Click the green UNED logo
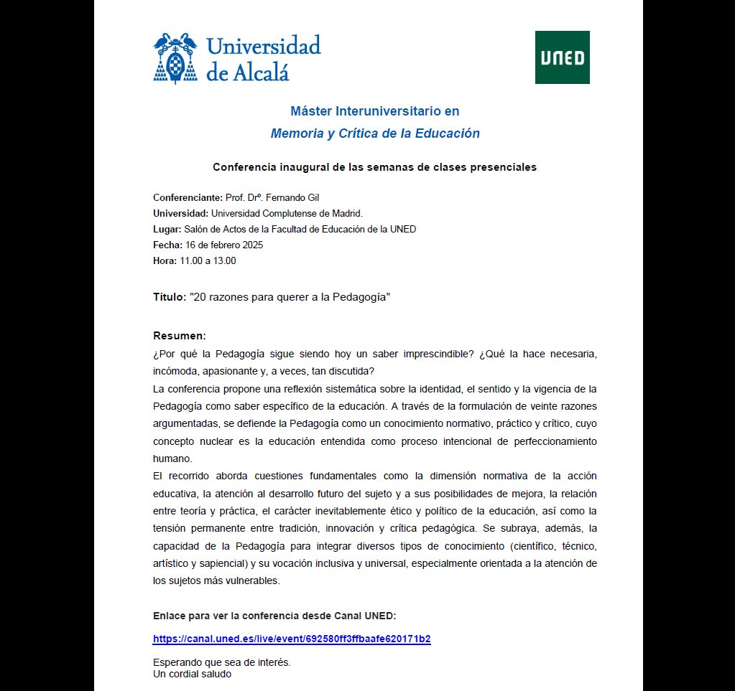[x=562, y=57]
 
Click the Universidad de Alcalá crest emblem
[x=176, y=57]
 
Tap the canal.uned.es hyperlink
[x=292, y=639]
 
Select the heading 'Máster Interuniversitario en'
[x=374, y=111]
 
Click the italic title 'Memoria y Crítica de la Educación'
[x=374, y=133]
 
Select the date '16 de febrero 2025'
[x=224, y=245]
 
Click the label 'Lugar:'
[x=167, y=229]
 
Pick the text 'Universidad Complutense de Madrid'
[x=286, y=213]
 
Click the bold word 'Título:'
[x=169, y=297]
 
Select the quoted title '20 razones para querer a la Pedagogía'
[x=290, y=297]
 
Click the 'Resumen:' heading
[x=180, y=336]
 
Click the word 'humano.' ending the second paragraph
[x=171, y=458]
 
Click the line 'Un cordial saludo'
[x=192, y=674]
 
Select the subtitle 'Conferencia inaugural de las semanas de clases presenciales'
[x=374, y=167]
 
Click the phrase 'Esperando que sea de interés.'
[x=222, y=662]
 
